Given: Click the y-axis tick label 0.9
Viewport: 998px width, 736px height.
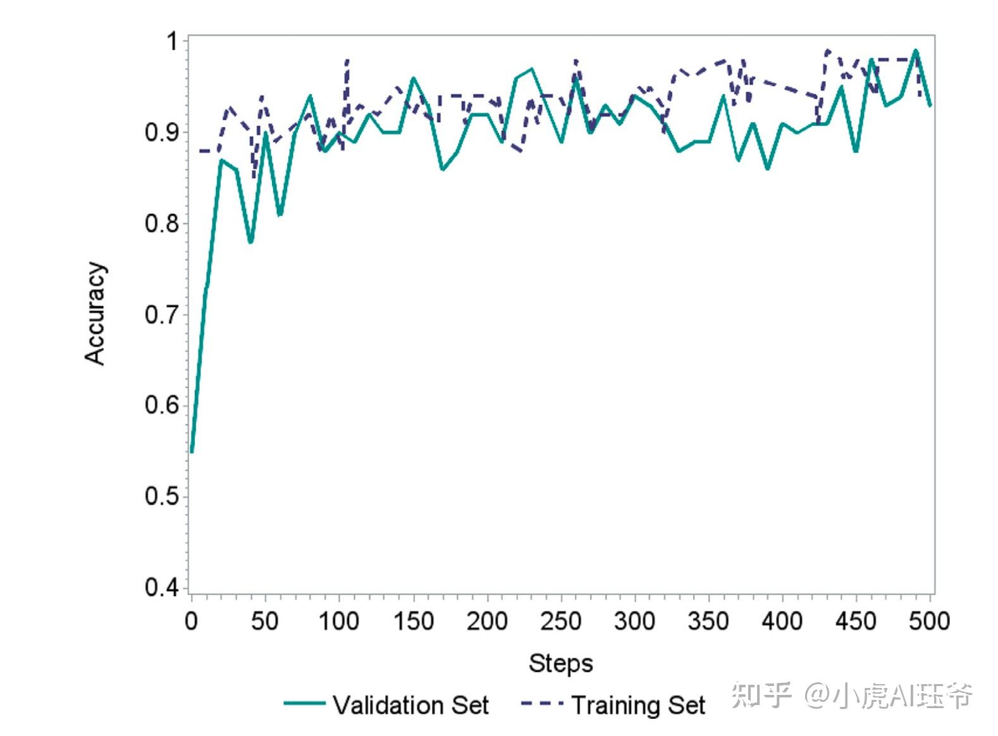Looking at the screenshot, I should point(161,132).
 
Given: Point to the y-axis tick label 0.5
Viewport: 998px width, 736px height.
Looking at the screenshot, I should point(161,496).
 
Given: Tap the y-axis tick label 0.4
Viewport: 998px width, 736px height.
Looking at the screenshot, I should point(161,587).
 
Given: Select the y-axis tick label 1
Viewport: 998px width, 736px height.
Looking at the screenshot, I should point(172,42).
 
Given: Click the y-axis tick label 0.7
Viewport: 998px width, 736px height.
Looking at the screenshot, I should point(161,314).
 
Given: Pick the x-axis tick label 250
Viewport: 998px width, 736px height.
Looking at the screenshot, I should point(560,622).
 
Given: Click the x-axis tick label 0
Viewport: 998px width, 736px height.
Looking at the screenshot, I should point(191,622).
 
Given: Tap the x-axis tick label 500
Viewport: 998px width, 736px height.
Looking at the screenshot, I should point(929,622).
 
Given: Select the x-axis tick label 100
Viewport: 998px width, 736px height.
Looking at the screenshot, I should point(339,622).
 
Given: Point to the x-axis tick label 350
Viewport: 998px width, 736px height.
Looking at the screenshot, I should point(708,622).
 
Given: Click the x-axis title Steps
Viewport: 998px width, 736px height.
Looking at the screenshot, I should point(561,663).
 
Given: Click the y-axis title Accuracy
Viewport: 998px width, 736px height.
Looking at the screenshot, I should point(95,314).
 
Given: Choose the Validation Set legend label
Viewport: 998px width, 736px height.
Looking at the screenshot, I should point(411,705).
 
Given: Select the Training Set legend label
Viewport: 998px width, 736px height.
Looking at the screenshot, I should point(638,705).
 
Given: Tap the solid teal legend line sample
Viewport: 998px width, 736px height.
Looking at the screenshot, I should point(304,703).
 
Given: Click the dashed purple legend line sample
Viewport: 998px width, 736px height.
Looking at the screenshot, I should point(541,703).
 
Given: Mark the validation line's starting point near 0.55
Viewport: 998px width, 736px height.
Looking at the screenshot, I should point(192,451).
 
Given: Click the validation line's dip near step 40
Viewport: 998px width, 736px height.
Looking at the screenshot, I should point(250,242).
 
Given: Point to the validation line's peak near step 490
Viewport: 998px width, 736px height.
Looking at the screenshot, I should point(915,51).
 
